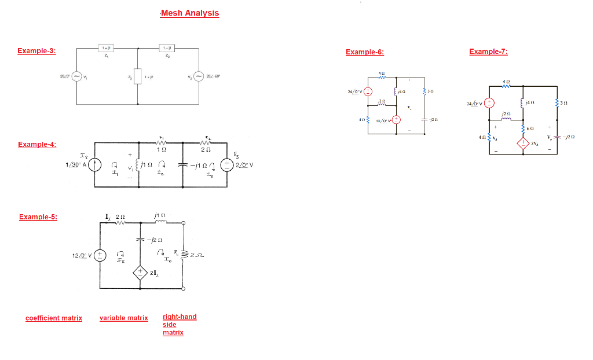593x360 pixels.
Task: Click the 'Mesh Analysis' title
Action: (190, 13)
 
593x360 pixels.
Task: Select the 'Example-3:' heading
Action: (36, 51)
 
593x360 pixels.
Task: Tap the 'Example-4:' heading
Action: (37, 144)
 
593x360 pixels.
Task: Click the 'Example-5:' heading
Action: (38, 217)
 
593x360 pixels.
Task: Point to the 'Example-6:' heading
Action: (364, 52)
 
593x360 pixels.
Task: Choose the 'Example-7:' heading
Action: (488, 52)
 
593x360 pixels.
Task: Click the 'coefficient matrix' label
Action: (54, 318)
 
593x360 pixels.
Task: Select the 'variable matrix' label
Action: (124, 318)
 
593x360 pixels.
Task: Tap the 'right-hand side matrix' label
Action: (180, 324)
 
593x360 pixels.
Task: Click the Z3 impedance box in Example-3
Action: (137, 76)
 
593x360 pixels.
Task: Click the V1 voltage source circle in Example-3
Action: (76, 76)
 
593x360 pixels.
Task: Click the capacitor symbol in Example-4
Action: (183, 164)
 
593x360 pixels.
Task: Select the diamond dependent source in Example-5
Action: (140, 273)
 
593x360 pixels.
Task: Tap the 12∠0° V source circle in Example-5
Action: (101, 255)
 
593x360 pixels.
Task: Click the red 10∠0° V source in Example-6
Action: (397, 120)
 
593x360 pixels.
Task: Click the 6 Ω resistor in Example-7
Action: (524, 127)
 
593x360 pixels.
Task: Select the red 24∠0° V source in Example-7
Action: (489, 104)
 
